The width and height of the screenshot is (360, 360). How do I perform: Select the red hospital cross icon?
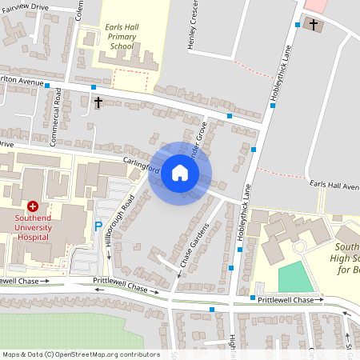[x=33, y=206]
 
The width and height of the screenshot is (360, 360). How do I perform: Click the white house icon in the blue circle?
[x=180, y=173]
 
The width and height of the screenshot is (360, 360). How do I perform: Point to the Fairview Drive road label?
[x=25, y=6]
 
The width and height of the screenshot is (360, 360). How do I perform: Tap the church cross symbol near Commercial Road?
[x=98, y=102]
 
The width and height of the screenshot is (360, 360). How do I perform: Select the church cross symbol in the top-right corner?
[x=314, y=25]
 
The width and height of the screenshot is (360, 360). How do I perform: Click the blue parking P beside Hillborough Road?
[x=99, y=227]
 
